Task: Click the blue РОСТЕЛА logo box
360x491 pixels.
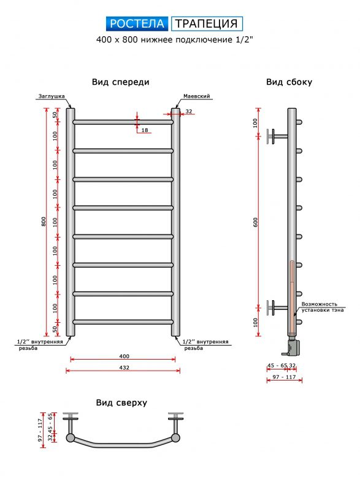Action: pos(137,24)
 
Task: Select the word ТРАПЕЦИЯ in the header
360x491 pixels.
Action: pos(207,24)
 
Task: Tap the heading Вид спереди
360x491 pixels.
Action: pos(120,82)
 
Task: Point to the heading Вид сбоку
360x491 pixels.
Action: pos(289,82)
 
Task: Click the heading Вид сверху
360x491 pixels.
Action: pos(121,403)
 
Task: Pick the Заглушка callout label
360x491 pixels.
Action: pos(52,96)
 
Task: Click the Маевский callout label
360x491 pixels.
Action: pos(196,96)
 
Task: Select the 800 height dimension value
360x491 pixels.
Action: pos(44,222)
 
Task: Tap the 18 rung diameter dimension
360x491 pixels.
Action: pos(145,130)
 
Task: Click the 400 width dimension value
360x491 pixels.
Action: pos(124,356)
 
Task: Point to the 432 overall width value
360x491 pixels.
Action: pos(124,367)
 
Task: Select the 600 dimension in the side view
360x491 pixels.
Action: pos(256,222)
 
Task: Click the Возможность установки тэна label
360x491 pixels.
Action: pos(322,307)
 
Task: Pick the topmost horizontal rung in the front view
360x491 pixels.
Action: pos(123,122)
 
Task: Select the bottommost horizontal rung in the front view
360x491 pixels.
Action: pos(123,322)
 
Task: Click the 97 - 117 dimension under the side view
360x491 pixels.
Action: pos(284,377)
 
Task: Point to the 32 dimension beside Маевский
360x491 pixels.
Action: pos(189,111)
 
